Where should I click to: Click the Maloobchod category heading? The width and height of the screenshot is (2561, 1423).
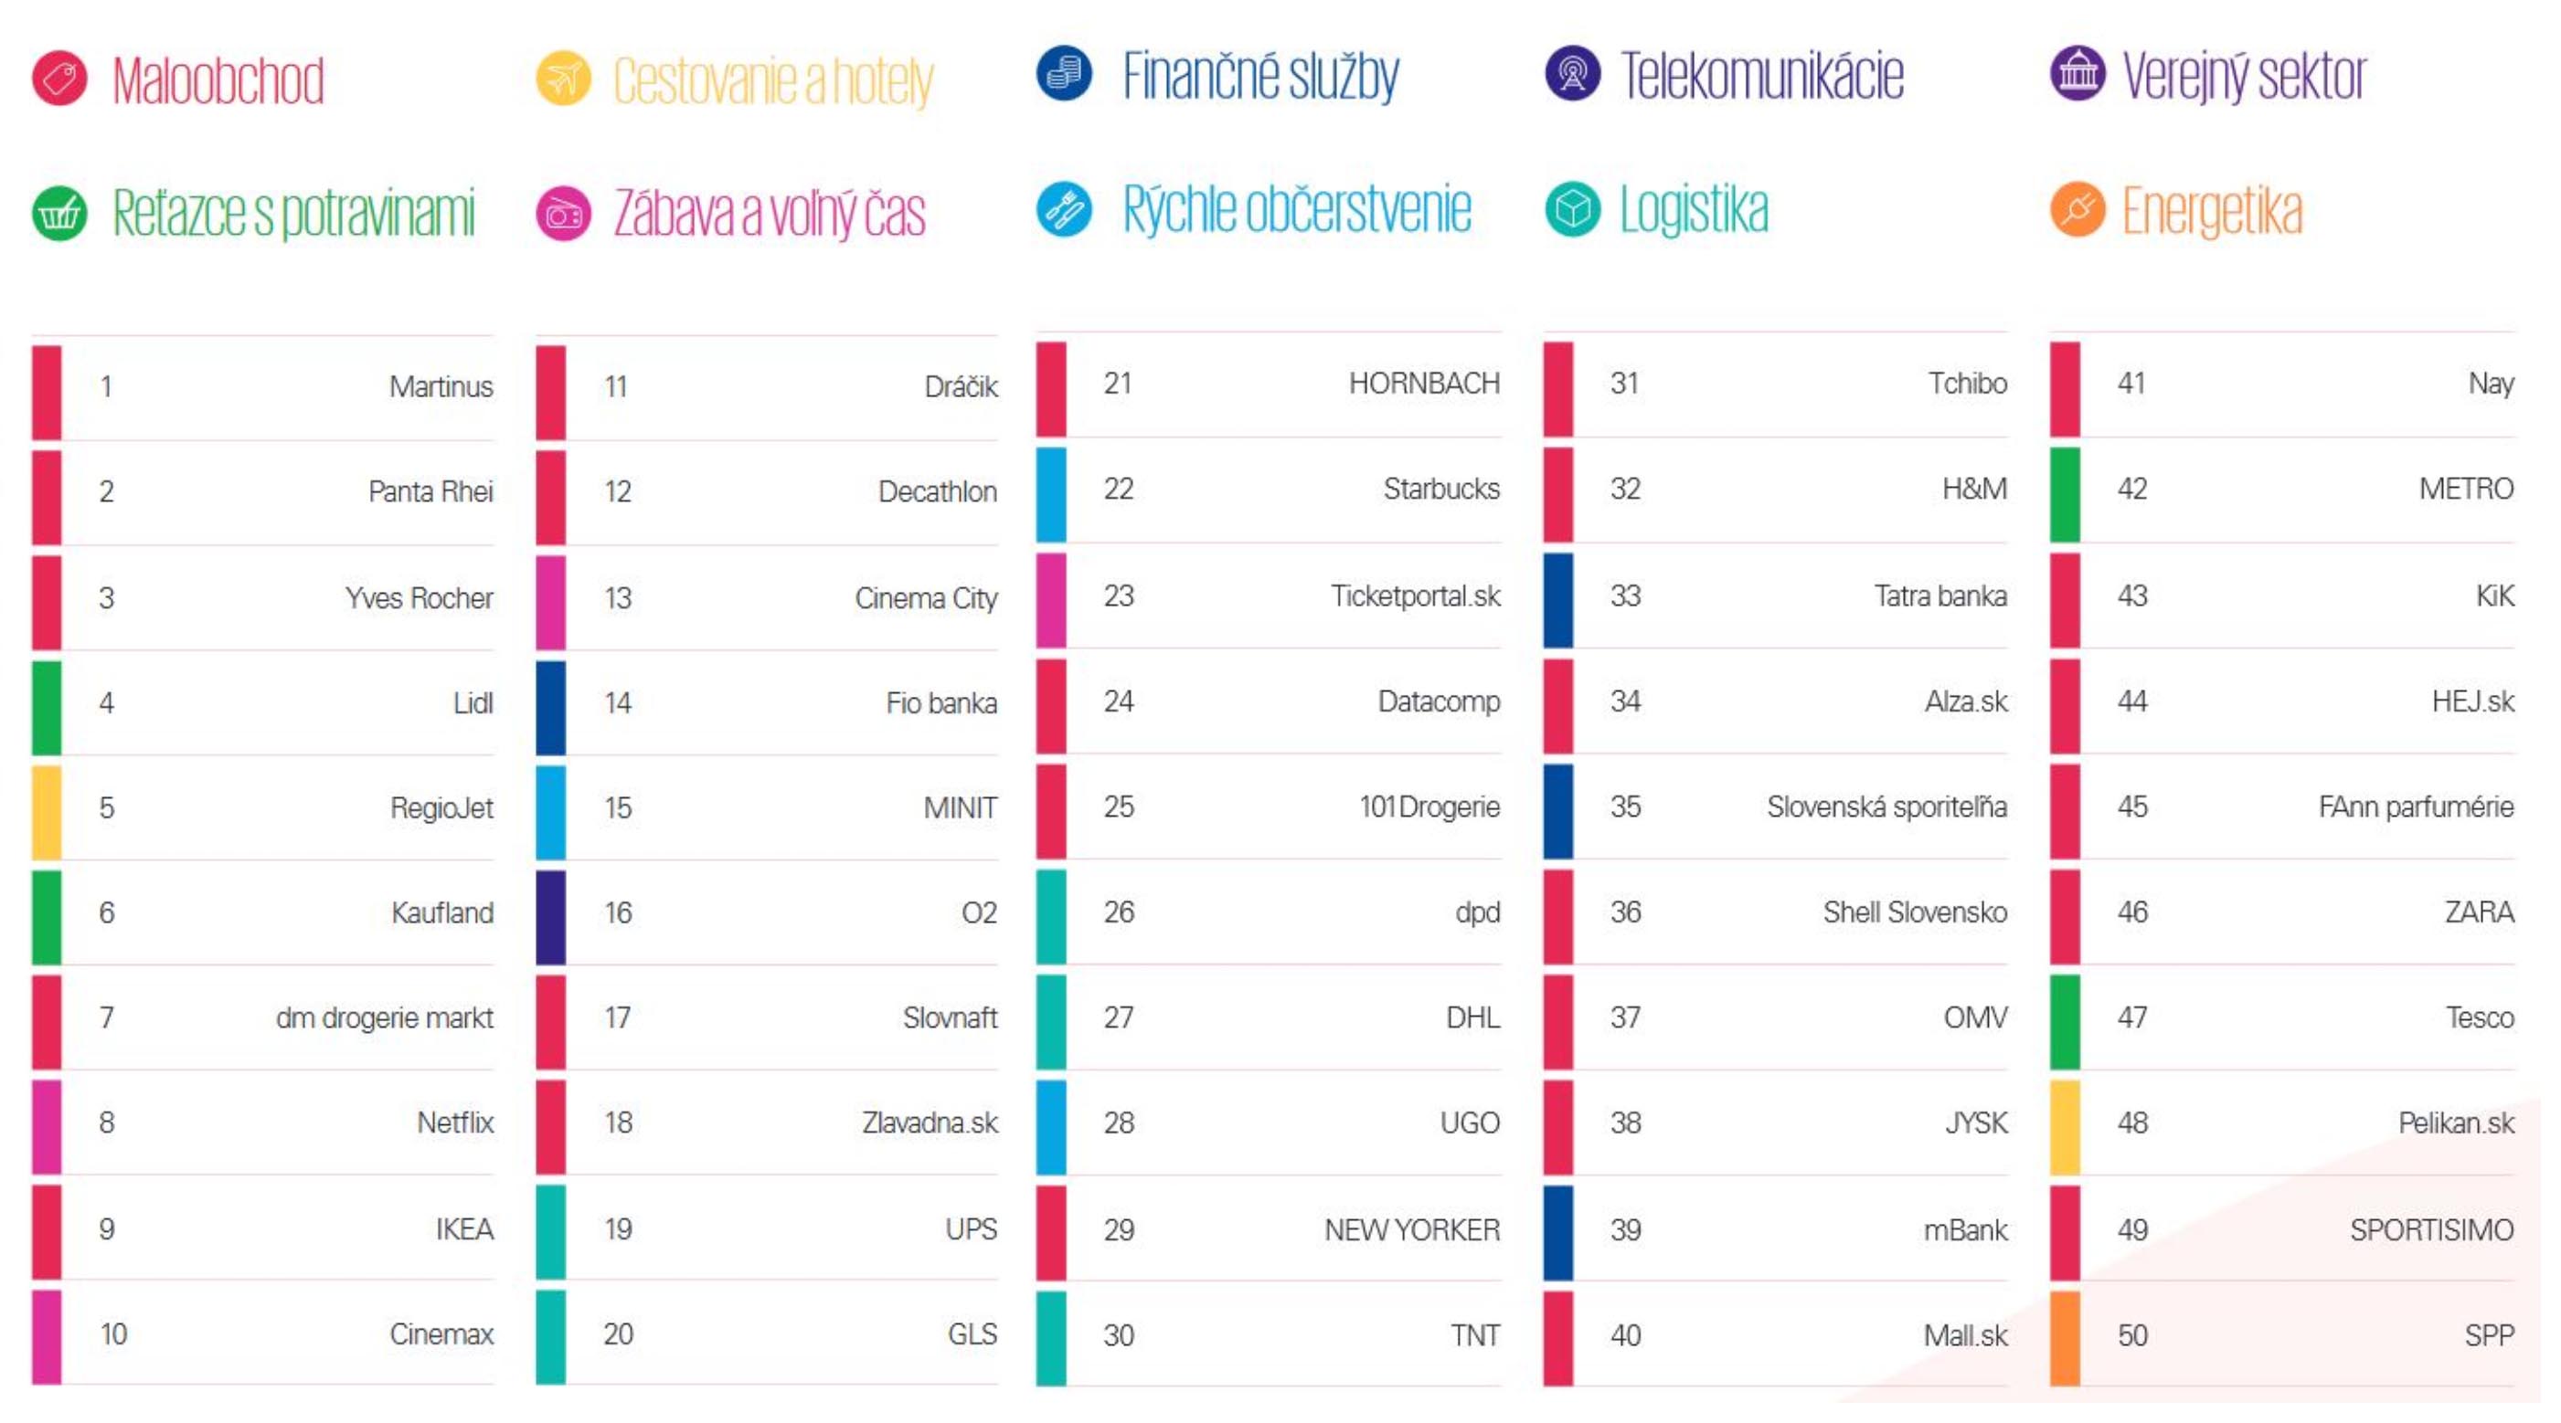click(218, 79)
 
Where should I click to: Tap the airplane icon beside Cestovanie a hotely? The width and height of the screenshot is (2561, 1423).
click(563, 78)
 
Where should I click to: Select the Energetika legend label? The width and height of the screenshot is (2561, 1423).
click(2211, 211)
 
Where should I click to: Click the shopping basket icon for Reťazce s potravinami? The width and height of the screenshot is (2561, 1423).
click(59, 213)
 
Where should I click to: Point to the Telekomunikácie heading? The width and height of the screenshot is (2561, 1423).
click(1761, 76)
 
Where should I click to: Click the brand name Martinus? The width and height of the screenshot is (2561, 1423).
click(441, 386)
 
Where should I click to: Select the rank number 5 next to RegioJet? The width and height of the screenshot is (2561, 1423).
click(106, 808)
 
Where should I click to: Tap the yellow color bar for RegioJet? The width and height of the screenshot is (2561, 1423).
click(47, 812)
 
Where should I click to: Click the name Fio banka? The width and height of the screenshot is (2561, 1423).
click(940, 703)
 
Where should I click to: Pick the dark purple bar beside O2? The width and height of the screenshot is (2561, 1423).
click(551, 917)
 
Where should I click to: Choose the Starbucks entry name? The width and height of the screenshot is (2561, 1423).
click(1440, 489)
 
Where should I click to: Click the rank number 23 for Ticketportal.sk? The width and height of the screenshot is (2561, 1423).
click(1119, 596)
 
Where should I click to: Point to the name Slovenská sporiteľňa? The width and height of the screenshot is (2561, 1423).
click(1886, 806)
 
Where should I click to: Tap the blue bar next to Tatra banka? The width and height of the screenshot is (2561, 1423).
click(1557, 600)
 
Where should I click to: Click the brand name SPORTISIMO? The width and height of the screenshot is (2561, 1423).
click(2431, 1230)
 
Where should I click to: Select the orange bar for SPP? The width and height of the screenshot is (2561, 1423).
click(2065, 1337)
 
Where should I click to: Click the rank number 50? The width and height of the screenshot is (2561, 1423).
click(2132, 1335)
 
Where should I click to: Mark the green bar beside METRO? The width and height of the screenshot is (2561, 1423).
click(2065, 494)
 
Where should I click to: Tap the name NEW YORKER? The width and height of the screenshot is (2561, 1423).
click(1412, 1230)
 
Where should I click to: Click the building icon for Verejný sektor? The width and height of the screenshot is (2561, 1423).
click(2077, 74)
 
